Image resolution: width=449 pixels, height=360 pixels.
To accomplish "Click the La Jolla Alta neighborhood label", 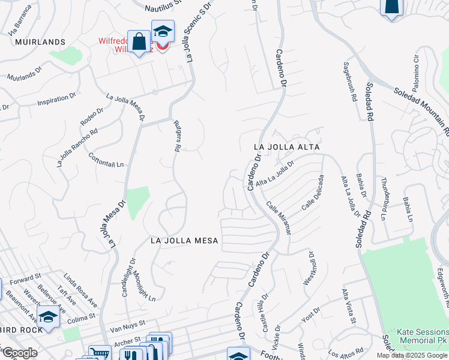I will (x=286, y=146).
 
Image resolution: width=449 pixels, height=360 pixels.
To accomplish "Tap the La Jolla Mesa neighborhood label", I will (x=184, y=241).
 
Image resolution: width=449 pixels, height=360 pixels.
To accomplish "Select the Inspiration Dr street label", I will (x=57, y=98).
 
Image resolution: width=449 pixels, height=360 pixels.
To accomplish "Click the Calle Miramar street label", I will (x=278, y=218).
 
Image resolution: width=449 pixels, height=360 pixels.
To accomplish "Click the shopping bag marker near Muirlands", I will (x=139, y=42).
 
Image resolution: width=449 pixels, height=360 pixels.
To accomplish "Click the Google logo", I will (x=20, y=353).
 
